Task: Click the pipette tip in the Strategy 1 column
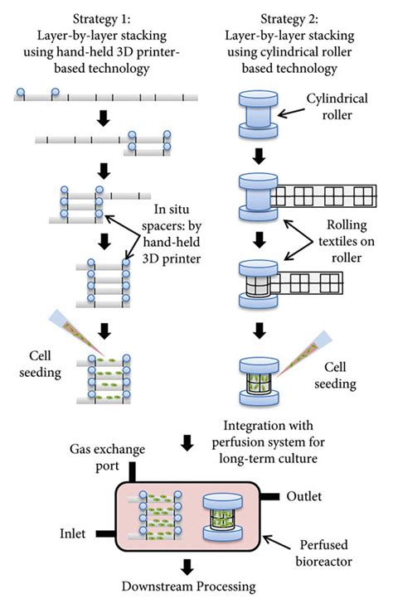click(x=93, y=340)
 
